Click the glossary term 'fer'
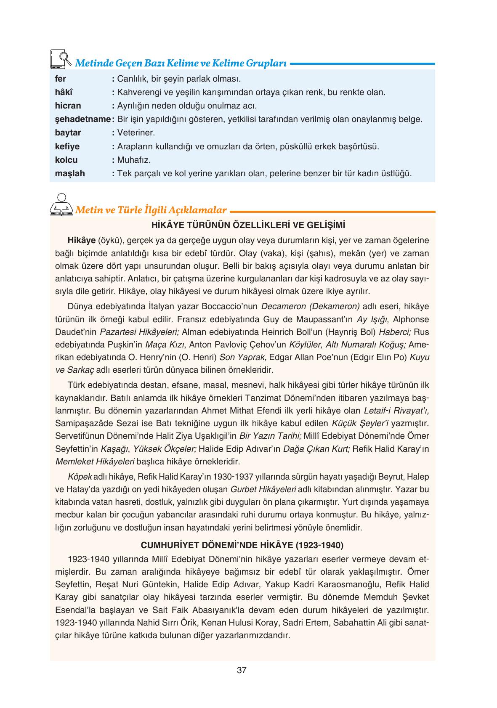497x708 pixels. [61, 79]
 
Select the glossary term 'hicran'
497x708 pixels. [68, 106]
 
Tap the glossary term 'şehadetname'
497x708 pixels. [82, 119]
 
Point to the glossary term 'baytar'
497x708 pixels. [68, 133]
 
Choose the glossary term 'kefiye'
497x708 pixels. [67, 146]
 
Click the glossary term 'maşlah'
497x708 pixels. [69, 173]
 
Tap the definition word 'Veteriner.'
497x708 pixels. [136, 133]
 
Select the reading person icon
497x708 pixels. [61, 204]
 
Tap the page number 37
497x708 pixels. [242, 670]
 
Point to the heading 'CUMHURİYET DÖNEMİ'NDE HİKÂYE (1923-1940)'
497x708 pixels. [242, 546]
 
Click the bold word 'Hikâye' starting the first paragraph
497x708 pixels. [81, 241]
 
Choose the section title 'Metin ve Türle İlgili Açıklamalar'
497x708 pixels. [151, 209]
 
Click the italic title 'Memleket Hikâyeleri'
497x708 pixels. [95, 461]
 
